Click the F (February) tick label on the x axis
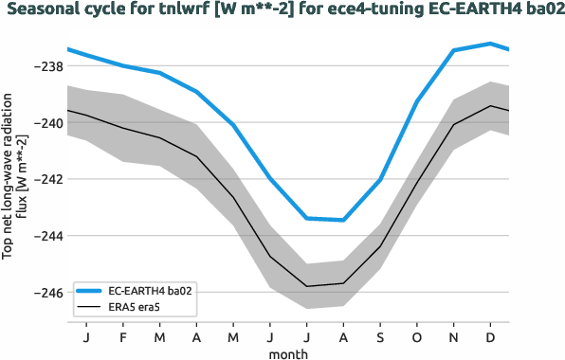(x=122, y=337)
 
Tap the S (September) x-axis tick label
(x=380, y=337)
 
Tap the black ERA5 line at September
(x=380, y=246)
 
